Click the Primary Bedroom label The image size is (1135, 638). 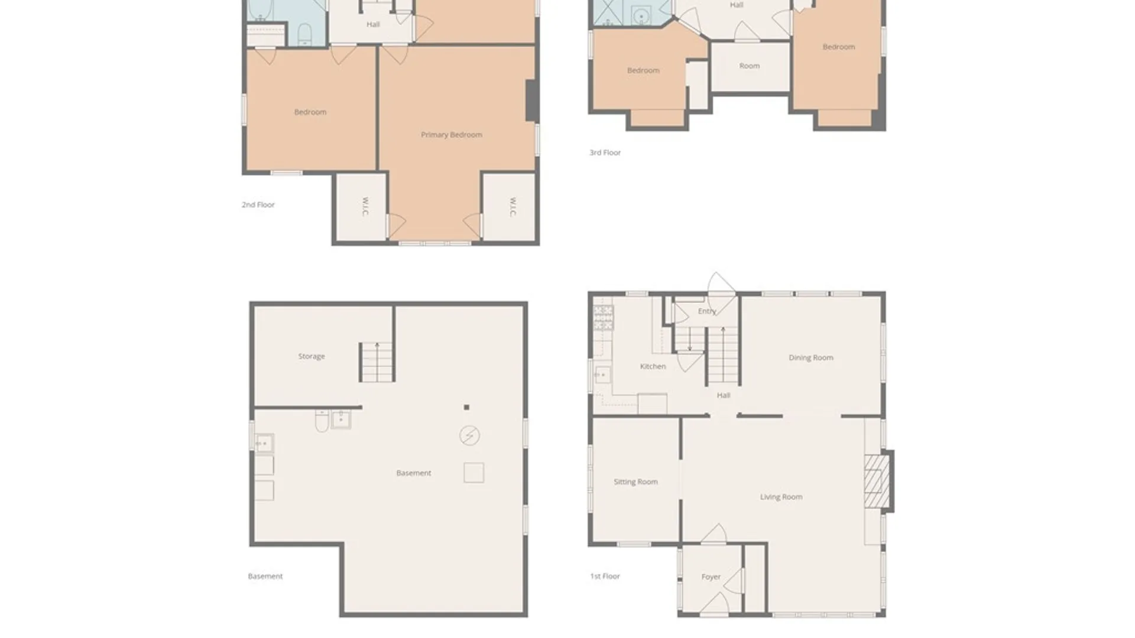[x=452, y=135]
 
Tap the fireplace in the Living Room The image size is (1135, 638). [x=878, y=481]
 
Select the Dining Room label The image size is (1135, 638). [x=811, y=357]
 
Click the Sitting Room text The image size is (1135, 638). [x=635, y=482]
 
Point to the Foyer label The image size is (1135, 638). [x=711, y=577]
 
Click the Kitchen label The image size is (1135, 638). [x=653, y=366]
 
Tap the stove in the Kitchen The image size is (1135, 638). [x=604, y=317]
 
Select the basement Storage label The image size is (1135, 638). [x=312, y=356]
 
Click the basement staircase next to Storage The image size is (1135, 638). [x=377, y=362]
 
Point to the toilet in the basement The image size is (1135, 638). [x=322, y=421]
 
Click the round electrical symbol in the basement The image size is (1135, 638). [x=470, y=436]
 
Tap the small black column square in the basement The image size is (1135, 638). [x=466, y=407]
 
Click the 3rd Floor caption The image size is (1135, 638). [x=605, y=152]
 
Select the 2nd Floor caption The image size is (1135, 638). [x=258, y=204]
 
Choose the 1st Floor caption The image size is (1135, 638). [x=605, y=576]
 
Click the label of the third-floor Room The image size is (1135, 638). [x=750, y=66]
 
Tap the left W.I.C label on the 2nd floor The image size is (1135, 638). [x=365, y=207]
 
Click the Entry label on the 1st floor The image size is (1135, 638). [x=707, y=311]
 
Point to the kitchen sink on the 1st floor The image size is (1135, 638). [x=603, y=375]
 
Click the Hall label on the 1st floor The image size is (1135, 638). [x=724, y=396]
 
